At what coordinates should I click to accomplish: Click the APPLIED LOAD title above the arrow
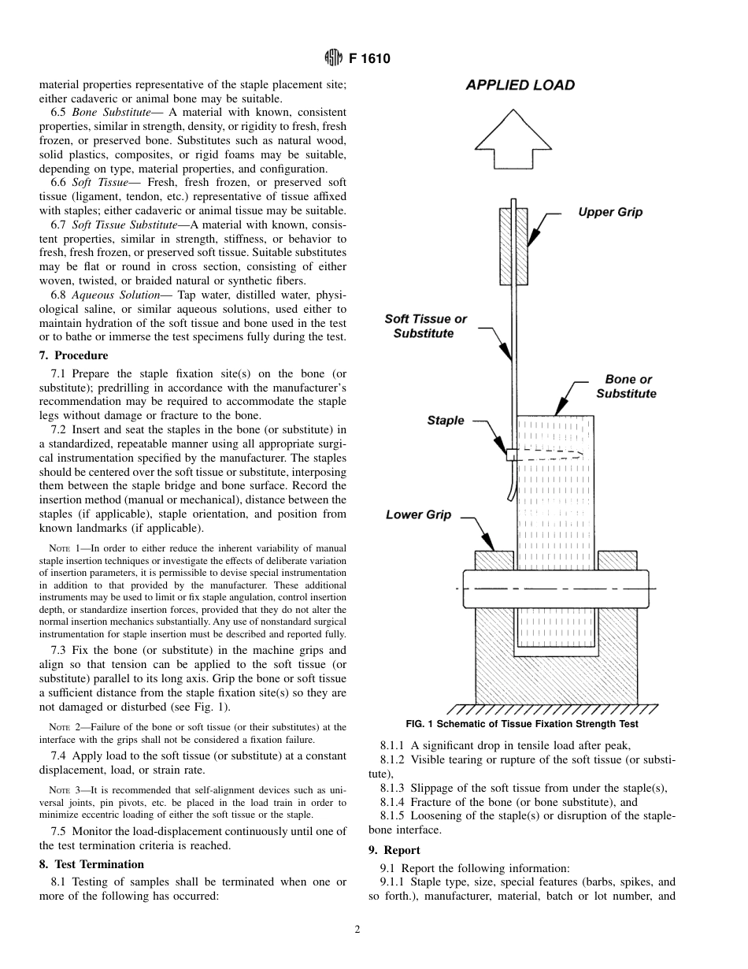point(520,85)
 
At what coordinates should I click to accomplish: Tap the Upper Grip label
point(610,212)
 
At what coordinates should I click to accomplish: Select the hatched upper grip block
point(513,245)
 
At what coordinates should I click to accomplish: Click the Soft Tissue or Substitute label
point(425,326)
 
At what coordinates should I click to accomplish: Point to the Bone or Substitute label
point(627,386)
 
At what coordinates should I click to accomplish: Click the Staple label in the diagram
point(446,421)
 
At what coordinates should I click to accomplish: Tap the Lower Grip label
point(418,514)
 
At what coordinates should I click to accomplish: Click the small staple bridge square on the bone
point(510,455)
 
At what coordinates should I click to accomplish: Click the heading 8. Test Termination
point(94,864)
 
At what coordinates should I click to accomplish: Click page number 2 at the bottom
point(357,930)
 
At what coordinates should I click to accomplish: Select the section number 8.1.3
point(396,788)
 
